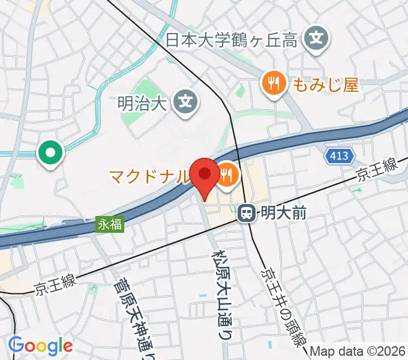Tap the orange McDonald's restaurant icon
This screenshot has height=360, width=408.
[x=227, y=175]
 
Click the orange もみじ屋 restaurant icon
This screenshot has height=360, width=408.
[x=274, y=83]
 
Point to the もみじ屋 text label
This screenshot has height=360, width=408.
[x=326, y=85]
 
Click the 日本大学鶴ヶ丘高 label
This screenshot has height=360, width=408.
[x=232, y=41]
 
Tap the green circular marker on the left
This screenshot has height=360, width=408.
[x=50, y=153]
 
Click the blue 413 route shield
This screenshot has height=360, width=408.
[x=338, y=157]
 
